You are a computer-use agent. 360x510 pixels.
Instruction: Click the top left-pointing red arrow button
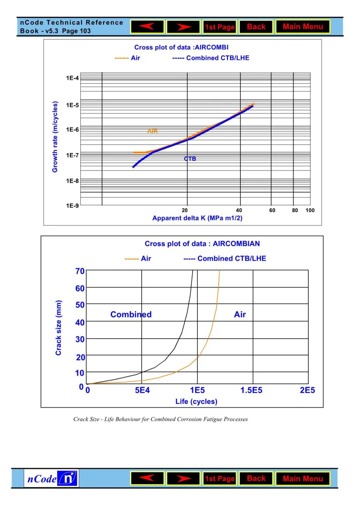[x=147, y=27]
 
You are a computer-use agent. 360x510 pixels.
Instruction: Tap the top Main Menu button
[x=303, y=27]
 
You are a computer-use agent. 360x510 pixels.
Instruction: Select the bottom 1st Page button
[x=220, y=479]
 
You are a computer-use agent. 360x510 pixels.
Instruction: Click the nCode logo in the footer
[x=51, y=479]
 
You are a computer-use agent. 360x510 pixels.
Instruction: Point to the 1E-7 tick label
[x=72, y=155]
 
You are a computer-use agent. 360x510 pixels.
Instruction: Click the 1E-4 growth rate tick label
[x=72, y=78]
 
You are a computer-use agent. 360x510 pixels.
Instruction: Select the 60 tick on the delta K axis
[x=272, y=210]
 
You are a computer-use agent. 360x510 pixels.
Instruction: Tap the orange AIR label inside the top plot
[x=152, y=131]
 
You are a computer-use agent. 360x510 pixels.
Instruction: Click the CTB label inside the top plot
[x=190, y=159]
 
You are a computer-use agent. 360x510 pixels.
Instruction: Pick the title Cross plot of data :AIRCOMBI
[x=181, y=47]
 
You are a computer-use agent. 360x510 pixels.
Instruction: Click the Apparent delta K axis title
[x=197, y=218]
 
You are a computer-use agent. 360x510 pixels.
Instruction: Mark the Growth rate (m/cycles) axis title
[x=55, y=137]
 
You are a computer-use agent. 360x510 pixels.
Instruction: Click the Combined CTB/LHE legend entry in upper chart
[x=211, y=58]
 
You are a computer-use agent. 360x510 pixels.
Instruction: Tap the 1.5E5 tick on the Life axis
[x=251, y=390]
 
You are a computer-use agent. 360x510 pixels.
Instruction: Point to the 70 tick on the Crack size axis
[x=80, y=271]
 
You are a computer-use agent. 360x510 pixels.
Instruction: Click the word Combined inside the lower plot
[x=131, y=315]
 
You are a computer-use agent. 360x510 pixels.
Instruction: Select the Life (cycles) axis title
[x=196, y=401]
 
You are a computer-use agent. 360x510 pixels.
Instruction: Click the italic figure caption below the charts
[x=160, y=419]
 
